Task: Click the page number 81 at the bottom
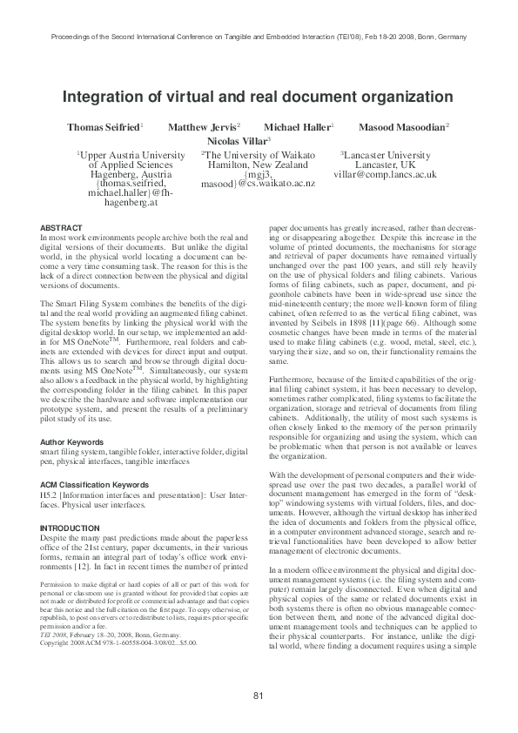click(259, 696)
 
